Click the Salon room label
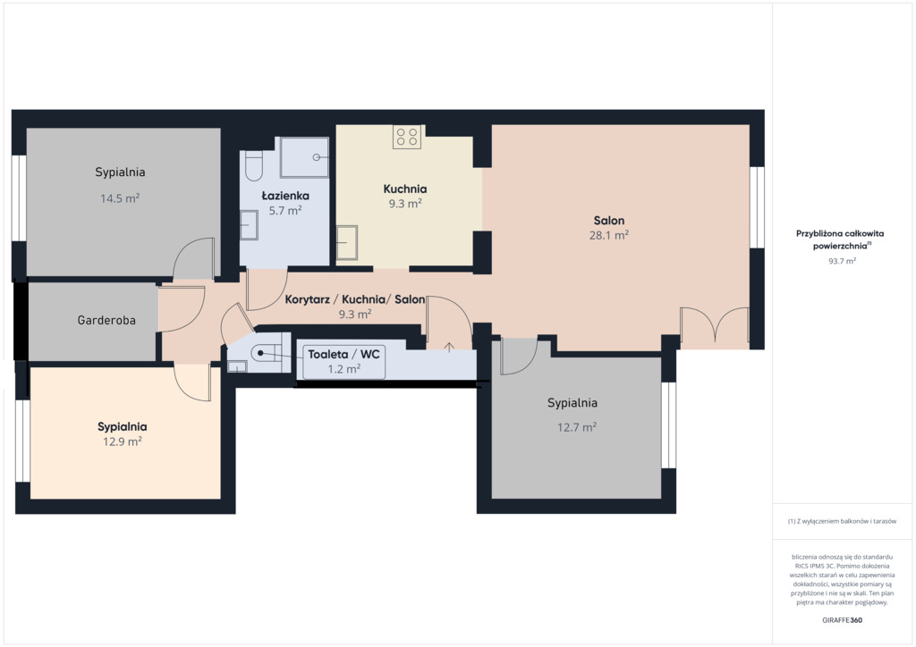608,221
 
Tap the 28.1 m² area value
608,235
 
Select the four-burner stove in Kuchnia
407,137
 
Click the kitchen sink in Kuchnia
347,243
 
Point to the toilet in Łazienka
254,165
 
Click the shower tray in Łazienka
304,157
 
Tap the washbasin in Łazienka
249,224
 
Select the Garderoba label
106,320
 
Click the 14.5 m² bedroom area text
120,198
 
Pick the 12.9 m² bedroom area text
122,441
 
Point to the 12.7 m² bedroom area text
577,427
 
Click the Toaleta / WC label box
344,361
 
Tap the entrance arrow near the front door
449,347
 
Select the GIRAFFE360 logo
842,620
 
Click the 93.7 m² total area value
842,261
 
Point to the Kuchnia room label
405,189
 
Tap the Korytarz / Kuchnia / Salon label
354,299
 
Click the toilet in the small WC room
266,353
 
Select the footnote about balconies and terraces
842,521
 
